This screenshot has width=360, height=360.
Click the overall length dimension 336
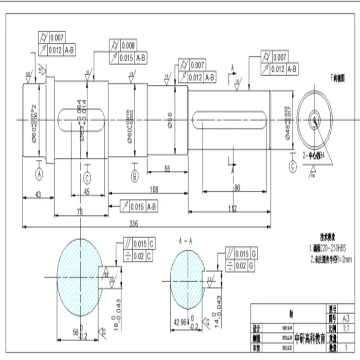pos(134,223)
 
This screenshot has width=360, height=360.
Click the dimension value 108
pos(153,190)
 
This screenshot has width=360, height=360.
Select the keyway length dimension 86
pos(237,189)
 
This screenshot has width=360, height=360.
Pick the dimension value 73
pos(80,211)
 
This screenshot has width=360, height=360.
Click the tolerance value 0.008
pos(128,45)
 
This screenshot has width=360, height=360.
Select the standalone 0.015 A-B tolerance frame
pos(138,207)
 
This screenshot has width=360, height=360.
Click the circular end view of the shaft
pos(314,117)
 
